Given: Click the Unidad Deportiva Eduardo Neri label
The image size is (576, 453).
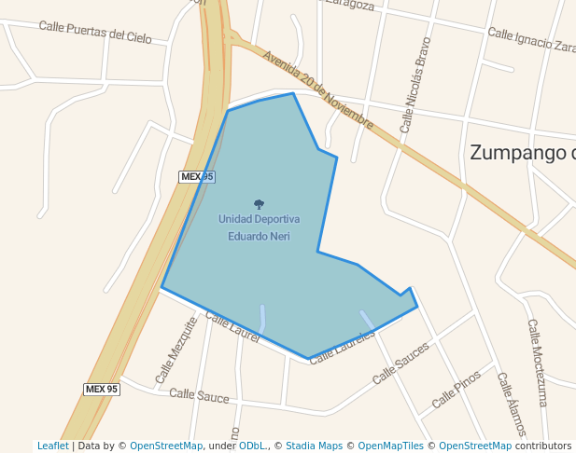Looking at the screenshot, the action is [x=259, y=227].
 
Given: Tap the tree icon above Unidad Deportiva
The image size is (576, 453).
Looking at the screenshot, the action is [x=259, y=204].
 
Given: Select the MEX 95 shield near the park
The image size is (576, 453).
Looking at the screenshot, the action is [x=197, y=176].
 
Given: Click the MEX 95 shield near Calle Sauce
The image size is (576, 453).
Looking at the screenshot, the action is [x=102, y=389].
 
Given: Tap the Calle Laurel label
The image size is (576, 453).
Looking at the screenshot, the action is [x=232, y=328].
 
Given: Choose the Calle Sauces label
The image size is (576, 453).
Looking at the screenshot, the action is [x=400, y=364].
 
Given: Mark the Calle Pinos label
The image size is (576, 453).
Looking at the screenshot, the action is [x=457, y=390].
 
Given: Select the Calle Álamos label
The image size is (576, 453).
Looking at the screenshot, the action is [x=512, y=405].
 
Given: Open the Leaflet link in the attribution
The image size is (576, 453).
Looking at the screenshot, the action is [x=52, y=446].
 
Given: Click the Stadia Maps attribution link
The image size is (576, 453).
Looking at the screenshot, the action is [x=314, y=446].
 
